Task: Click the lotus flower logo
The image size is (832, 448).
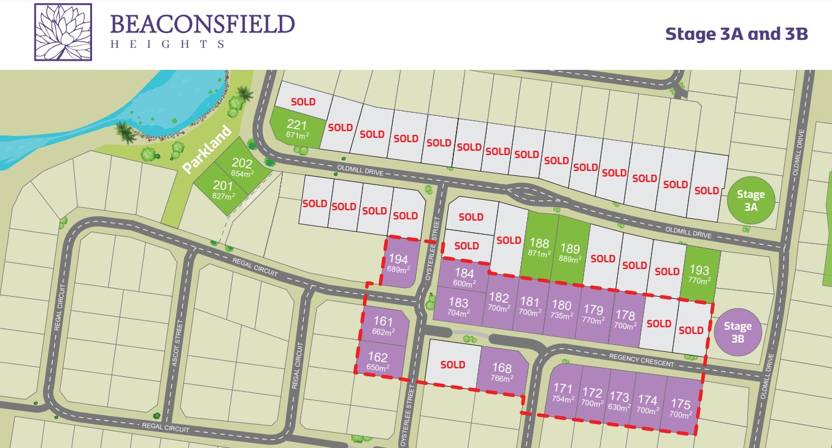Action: [x=63, y=32]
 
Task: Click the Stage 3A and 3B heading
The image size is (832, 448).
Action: [x=736, y=34]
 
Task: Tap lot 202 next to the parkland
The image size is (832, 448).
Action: [x=241, y=167]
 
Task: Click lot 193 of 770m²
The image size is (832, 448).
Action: [x=699, y=273]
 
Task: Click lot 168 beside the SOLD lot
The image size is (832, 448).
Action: [x=501, y=372]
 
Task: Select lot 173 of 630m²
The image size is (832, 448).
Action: [x=619, y=401]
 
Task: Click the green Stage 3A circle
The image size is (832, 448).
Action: [x=750, y=200]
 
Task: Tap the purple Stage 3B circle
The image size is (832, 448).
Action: [x=738, y=331]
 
